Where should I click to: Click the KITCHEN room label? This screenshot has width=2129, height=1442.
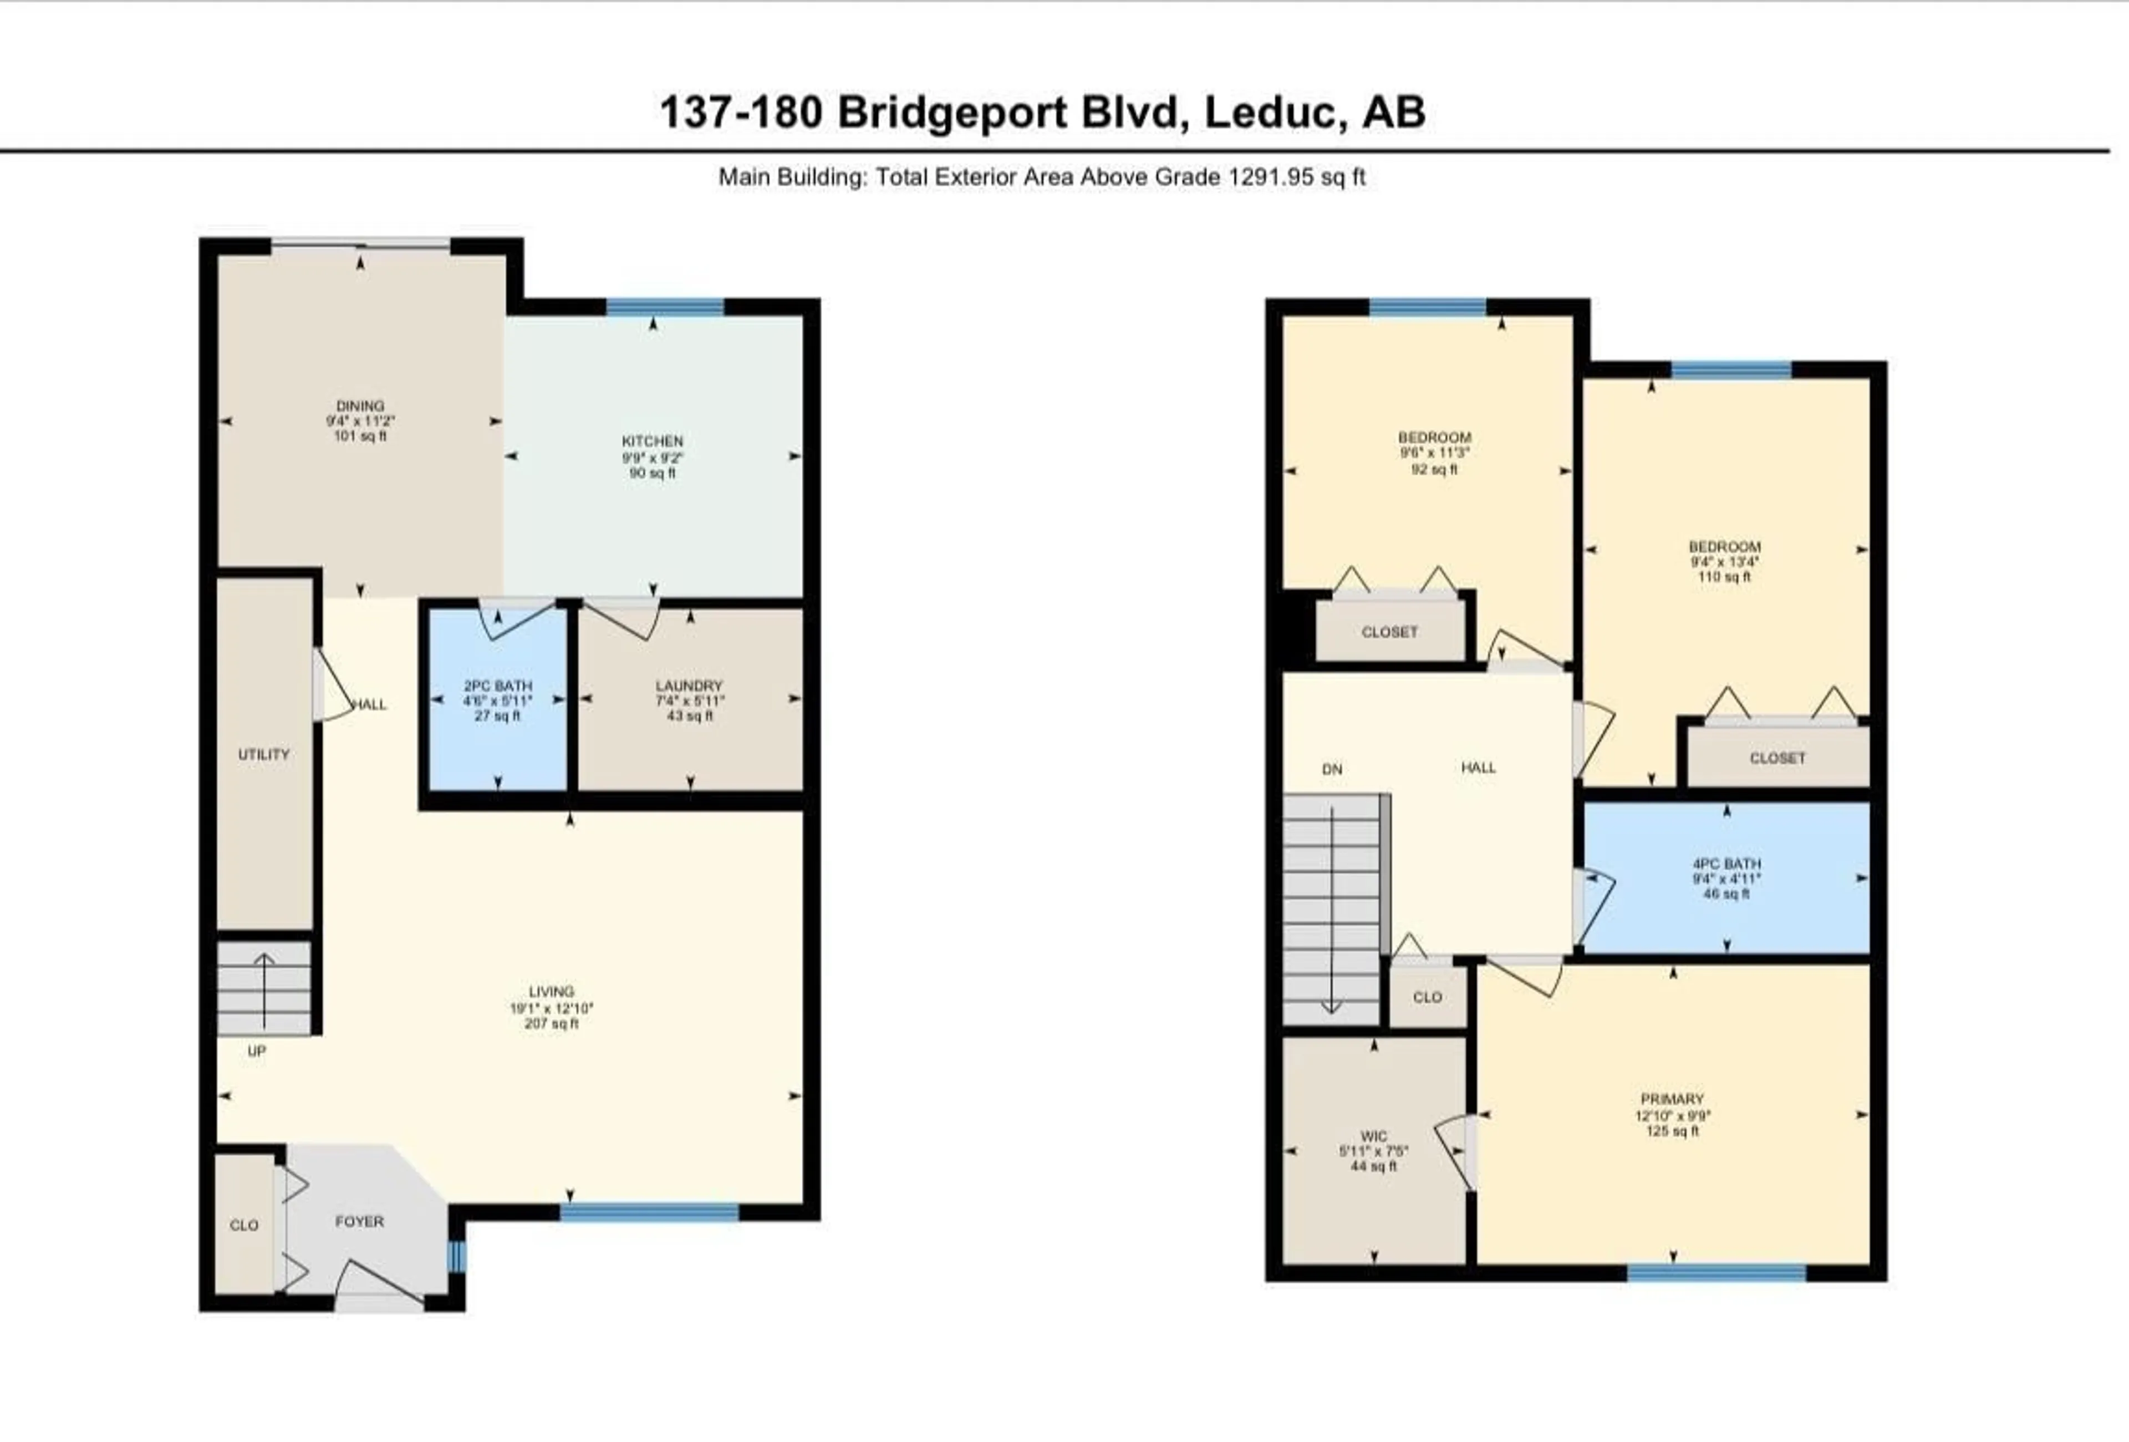click(652, 441)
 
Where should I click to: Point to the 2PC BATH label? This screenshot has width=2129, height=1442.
click(497, 686)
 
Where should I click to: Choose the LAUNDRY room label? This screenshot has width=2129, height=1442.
click(689, 686)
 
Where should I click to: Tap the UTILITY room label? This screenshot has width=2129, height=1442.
click(264, 754)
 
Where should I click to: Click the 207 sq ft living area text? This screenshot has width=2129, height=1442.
click(552, 1023)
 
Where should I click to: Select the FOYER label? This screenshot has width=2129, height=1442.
click(359, 1221)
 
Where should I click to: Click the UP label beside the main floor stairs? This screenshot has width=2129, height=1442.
click(257, 1051)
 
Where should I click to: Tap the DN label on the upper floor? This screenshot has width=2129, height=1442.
click(1332, 770)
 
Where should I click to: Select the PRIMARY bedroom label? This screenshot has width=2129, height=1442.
click(1672, 1099)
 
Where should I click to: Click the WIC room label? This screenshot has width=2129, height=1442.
click(1373, 1136)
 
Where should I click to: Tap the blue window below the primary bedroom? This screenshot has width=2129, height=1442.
click(1716, 1272)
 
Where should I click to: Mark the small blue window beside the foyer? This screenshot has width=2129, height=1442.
click(456, 1256)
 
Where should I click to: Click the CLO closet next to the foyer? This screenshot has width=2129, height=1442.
click(244, 1225)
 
